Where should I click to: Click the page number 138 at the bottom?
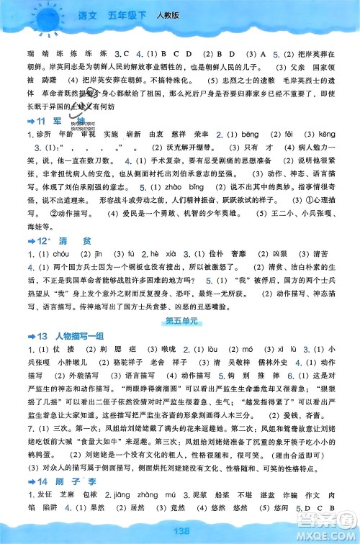180,530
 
